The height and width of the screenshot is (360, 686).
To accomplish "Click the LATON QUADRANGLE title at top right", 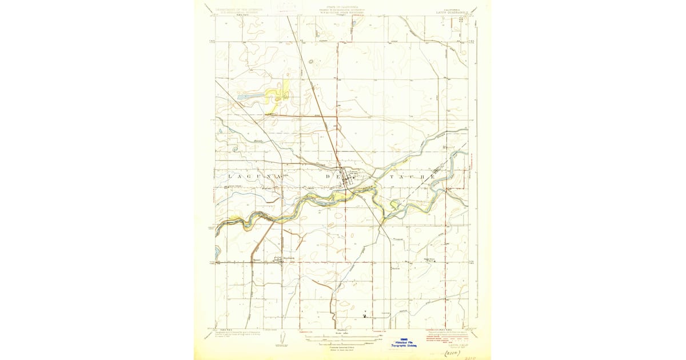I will (451, 9).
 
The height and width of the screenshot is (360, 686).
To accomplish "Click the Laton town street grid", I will (350, 178).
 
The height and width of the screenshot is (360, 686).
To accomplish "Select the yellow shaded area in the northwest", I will (278, 94).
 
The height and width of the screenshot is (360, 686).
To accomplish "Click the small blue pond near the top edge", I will (354, 23).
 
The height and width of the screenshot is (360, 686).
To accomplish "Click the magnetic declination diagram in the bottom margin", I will (280, 340).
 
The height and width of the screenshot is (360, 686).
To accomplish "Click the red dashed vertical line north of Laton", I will (337, 86).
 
